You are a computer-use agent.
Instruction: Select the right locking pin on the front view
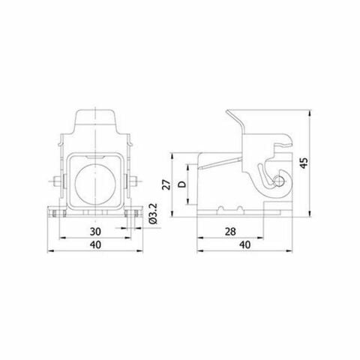pos(133,182)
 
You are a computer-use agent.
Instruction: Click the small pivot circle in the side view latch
pos(279,181)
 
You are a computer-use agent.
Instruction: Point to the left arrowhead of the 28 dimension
pos(199,240)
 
